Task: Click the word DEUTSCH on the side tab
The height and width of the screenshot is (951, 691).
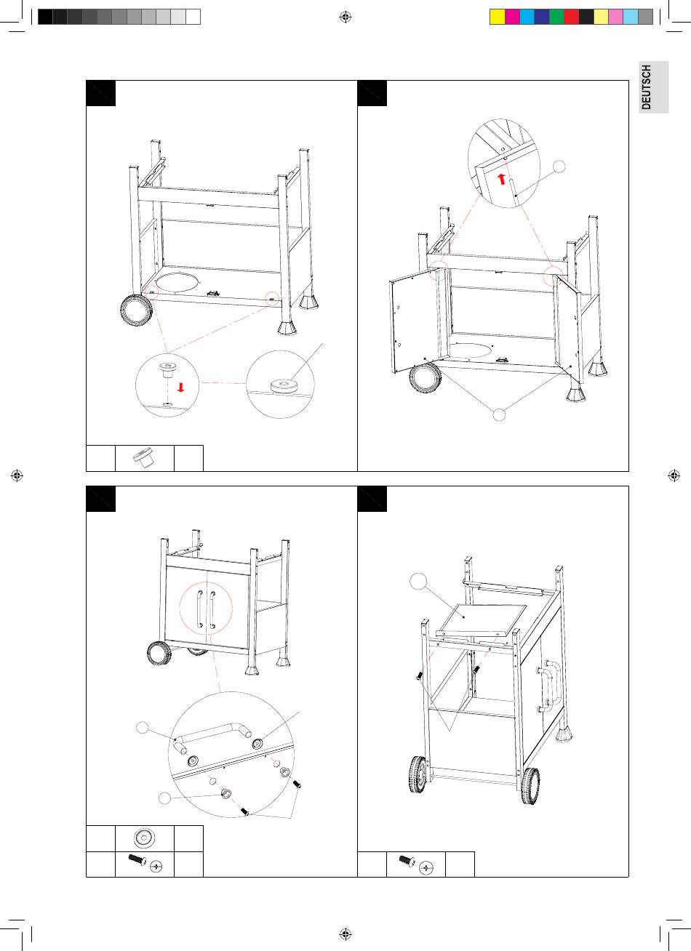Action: pos(647,87)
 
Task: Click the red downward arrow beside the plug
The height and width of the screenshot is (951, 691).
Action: pos(180,386)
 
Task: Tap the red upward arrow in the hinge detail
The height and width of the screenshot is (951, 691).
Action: pos(501,179)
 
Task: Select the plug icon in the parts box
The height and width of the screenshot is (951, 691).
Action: pos(144,458)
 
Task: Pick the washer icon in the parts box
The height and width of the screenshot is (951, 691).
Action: pos(144,838)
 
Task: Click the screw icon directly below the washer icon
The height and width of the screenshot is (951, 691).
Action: pos(144,864)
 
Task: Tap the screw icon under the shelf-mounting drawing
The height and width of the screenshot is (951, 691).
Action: pos(415,864)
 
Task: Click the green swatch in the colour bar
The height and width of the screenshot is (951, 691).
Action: pos(556,17)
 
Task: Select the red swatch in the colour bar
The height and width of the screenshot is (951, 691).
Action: pos(571,17)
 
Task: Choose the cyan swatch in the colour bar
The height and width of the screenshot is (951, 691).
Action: pos(527,17)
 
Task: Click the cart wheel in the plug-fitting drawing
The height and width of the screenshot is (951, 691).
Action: pos(136,309)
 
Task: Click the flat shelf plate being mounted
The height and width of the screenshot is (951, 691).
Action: pos(484,619)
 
